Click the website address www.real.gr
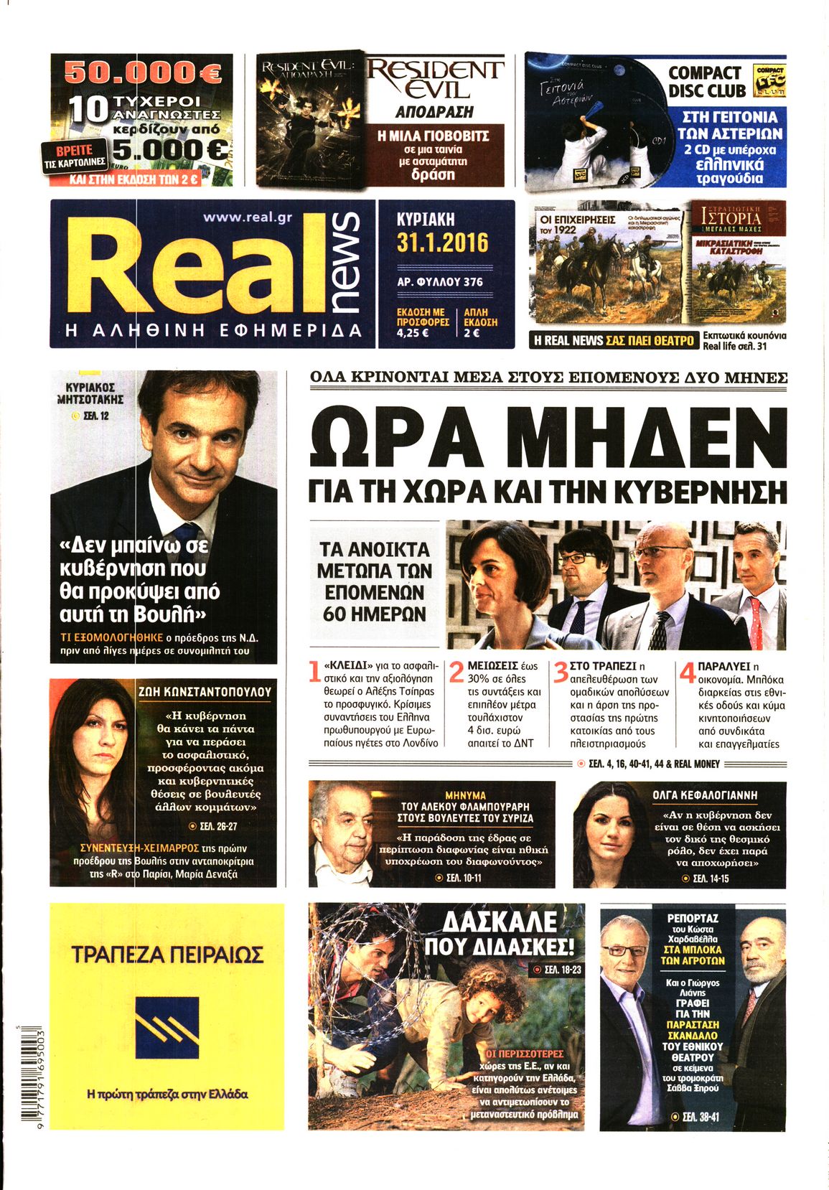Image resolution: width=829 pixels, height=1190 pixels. tap(248, 217)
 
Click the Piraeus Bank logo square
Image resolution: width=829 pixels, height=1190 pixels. tap(167, 1031)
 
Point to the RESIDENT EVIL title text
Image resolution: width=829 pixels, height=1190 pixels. tap(435, 79)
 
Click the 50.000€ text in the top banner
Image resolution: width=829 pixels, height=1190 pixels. tap(143, 71)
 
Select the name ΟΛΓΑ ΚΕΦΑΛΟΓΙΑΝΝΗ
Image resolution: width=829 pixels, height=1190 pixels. tap(705, 795)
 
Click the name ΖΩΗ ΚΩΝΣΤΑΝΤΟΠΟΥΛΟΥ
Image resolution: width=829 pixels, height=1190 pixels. tap(205, 692)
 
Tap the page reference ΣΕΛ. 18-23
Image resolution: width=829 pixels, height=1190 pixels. tap(557, 970)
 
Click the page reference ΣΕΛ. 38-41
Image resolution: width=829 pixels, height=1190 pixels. tap(694, 1117)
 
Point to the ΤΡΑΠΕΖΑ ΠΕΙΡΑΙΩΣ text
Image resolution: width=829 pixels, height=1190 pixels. tap(167, 955)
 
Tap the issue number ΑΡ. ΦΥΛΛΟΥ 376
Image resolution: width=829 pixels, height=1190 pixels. tap(440, 282)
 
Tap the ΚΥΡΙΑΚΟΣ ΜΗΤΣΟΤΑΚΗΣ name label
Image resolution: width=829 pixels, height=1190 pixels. tap(90, 393)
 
